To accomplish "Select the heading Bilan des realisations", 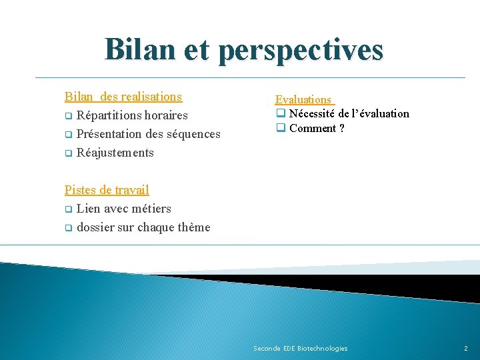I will [x=123, y=97].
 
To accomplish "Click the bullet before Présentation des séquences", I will [x=68, y=134].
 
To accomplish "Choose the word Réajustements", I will [x=115, y=153].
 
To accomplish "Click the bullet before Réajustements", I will [x=68, y=153].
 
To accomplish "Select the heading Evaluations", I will [x=303, y=99].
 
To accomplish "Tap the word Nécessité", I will [x=313, y=113].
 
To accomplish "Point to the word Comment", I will [x=313, y=128].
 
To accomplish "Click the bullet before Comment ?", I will [x=281, y=128].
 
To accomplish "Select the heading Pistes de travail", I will [x=107, y=190].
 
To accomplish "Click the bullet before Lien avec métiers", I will [x=68, y=209].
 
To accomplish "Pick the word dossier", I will [x=95, y=227].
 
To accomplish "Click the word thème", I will [x=194, y=227].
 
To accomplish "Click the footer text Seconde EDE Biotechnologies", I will [x=301, y=349].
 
